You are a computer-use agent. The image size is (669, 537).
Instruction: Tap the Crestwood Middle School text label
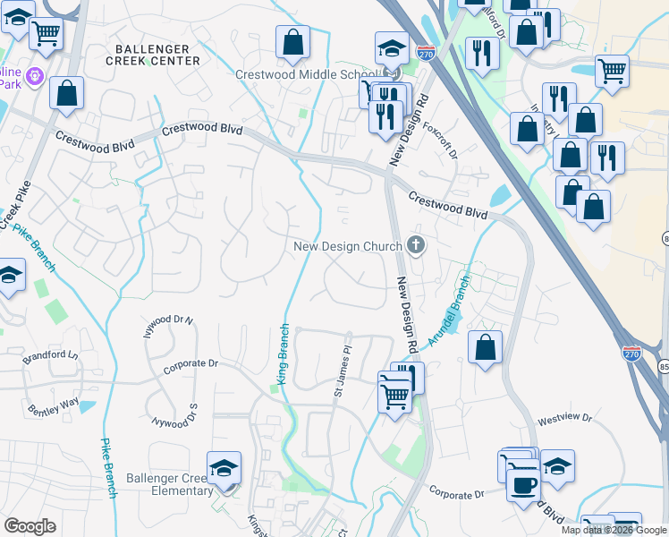303,74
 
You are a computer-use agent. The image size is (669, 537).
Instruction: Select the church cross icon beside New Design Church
415,244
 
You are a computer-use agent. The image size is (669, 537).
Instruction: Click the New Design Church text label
349,245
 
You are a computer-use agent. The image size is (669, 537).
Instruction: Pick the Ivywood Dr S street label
174,415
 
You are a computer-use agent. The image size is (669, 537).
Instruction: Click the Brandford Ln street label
52,355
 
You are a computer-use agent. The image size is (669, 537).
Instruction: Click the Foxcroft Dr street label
440,141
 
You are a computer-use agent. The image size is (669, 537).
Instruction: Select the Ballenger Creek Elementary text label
170,484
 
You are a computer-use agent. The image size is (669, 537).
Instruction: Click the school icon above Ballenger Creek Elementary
224,467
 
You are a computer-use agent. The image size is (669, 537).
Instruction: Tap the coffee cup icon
524,485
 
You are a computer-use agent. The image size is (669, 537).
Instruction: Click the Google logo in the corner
30,526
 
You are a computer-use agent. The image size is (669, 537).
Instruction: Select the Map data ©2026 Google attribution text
613,530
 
